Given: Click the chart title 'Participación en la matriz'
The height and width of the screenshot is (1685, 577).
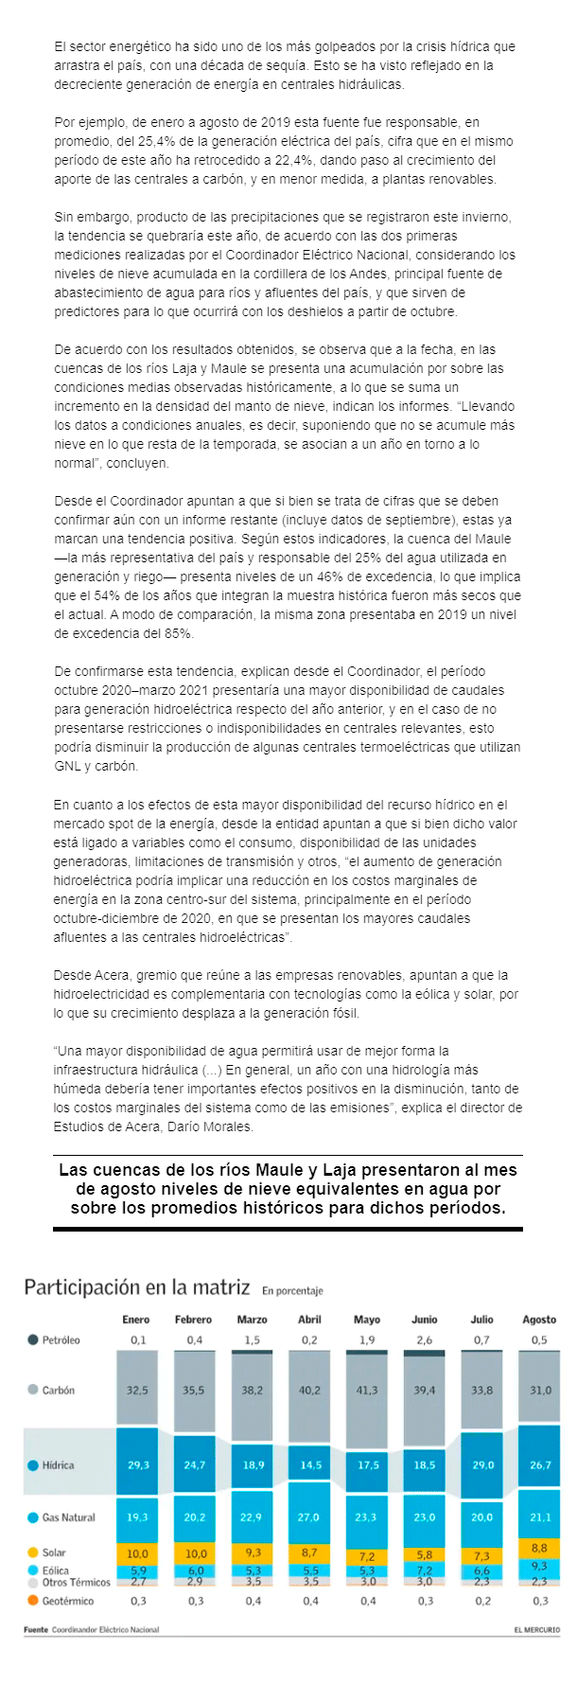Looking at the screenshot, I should [136, 1287].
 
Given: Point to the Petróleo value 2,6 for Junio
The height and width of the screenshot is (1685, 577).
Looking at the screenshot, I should [424, 1339].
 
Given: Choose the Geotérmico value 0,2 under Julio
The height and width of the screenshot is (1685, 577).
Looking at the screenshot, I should [482, 1601].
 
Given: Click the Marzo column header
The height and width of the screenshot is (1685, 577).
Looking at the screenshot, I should [252, 1319].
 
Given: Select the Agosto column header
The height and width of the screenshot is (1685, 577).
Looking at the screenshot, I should [539, 1319].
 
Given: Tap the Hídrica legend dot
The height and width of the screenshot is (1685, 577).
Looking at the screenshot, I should [33, 1465].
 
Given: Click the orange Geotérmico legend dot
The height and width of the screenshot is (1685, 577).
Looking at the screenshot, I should [33, 1601].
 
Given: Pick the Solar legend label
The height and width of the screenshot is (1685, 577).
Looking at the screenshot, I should [54, 1552].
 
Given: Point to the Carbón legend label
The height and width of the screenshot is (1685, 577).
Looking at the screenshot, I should [58, 1390].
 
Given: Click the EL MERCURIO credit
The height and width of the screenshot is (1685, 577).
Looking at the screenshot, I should [536, 1629].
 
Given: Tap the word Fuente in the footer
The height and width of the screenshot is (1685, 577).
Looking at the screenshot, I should [36, 1629].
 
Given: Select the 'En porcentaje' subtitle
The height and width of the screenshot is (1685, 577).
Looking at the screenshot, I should [292, 1290].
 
